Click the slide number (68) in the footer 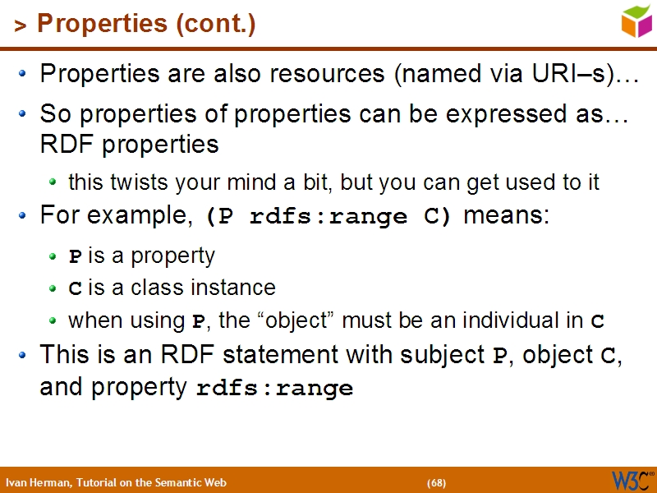(436, 482)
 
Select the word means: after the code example (507, 216)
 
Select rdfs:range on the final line (274, 389)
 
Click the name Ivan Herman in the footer (38, 482)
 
